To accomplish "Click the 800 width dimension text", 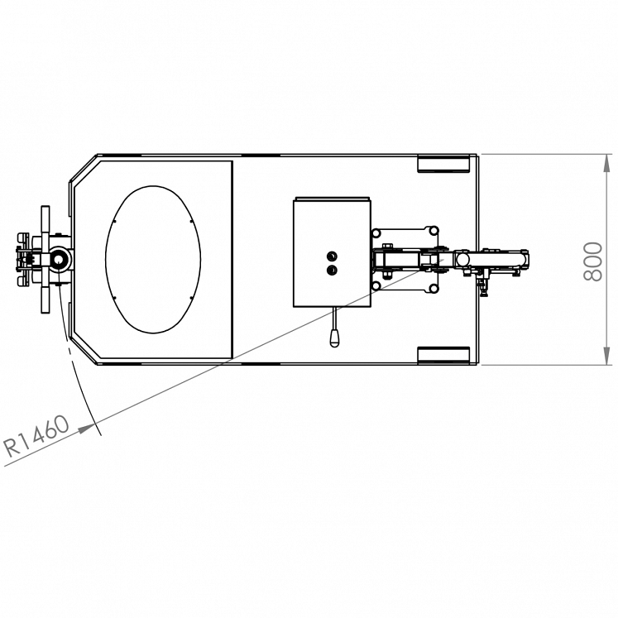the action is tap(593, 261).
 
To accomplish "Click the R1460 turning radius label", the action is tap(36, 435).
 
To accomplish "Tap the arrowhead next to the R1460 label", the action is tap(86, 429).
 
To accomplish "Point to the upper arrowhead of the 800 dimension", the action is tap(607, 164).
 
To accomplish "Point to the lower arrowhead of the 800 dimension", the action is tap(607, 356).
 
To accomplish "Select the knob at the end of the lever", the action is tap(334, 339).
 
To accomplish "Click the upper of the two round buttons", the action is tap(332, 256).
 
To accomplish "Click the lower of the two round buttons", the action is tap(332, 271).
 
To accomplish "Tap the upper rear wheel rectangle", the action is tap(443, 164).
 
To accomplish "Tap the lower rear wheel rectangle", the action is tap(443, 355).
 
